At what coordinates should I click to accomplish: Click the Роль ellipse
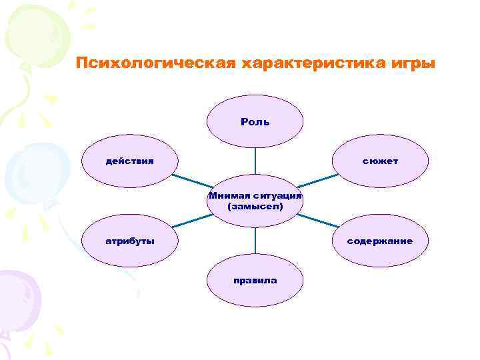pos(255,121)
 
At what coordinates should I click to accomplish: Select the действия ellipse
pos(129,161)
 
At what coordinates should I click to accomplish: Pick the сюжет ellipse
pos(380,161)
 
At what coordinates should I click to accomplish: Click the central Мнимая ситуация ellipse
pos(255,201)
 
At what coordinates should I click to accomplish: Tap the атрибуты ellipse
pos(129,241)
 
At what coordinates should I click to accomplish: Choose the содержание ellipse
pos(380,241)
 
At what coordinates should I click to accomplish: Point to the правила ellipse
pos(255,280)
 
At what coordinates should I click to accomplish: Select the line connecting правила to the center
pos(255,241)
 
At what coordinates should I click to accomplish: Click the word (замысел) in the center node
pos(255,207)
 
